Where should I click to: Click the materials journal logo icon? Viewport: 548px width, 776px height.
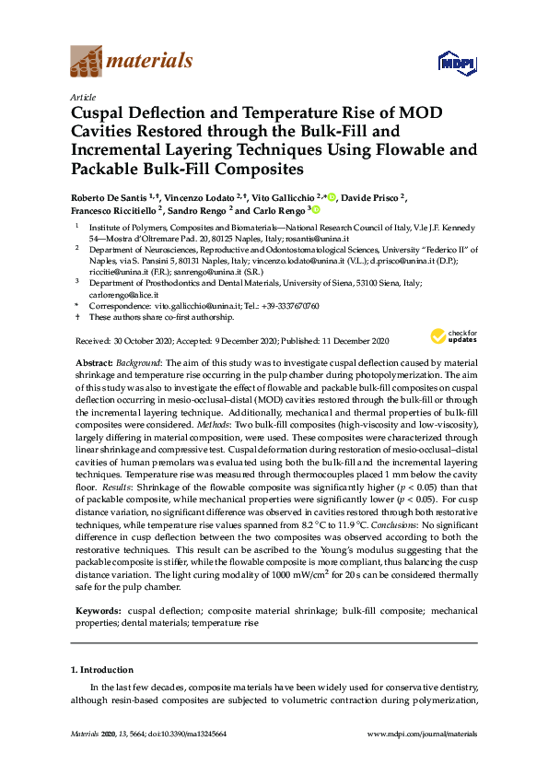[86, 61]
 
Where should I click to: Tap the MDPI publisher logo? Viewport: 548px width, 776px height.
[457, 63]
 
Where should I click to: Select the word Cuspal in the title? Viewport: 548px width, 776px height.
[102, 114]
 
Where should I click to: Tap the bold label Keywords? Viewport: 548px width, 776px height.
[97, 611]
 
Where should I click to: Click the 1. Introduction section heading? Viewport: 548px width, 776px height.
[101, 670]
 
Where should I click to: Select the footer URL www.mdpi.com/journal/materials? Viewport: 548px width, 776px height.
[422, 734]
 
